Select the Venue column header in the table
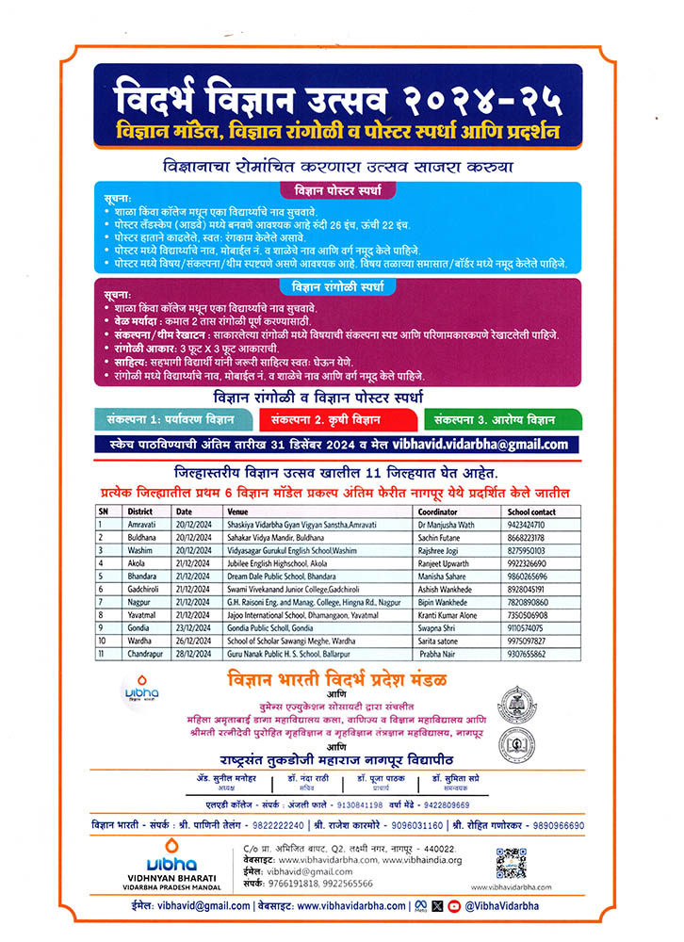(x=236, y=511)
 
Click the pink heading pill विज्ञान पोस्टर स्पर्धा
(x=342, y=191)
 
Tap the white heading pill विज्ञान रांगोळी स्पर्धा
(x=342, y=285)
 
